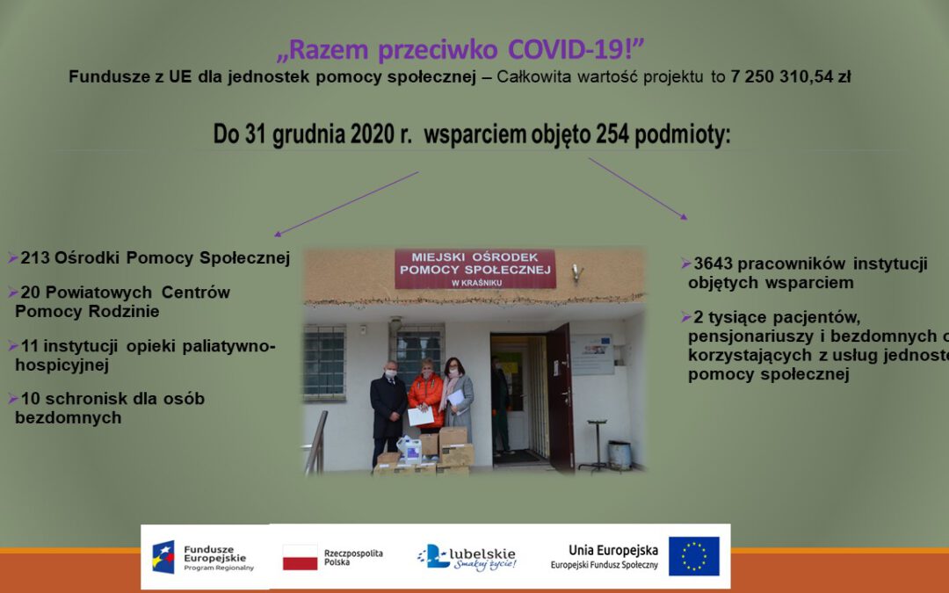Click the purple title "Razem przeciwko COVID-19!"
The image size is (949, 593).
click(461, 50)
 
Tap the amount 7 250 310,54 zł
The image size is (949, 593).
click(790, 76)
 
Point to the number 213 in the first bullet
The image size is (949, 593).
click(35, 258)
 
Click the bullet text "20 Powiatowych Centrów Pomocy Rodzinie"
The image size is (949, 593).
click(122, 301)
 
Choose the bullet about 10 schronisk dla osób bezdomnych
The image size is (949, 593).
click(110, 408)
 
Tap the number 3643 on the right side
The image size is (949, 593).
click(714, 264)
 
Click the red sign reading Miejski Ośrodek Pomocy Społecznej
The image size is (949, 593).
click(475, 269)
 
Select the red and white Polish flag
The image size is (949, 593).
click(301, 557)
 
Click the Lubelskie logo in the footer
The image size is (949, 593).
click(467, 557)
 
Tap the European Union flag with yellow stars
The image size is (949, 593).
click(693, 556)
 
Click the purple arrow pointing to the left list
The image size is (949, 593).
click(346, 204)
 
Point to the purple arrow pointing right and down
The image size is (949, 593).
click(638, 188)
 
